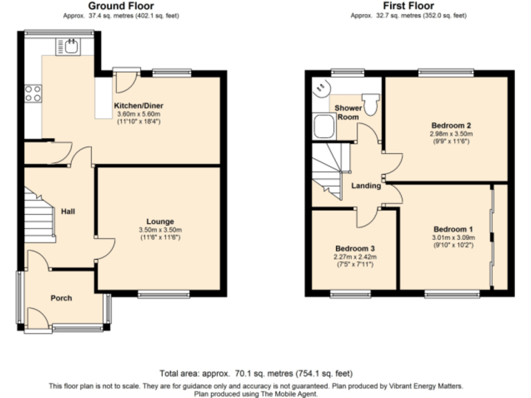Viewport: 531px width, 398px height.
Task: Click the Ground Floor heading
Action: [122, 6]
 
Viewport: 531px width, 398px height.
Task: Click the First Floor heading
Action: [407, 6]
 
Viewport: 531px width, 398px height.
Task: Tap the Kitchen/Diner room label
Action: [139, 106]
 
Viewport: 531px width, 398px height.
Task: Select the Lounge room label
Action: [160, 222]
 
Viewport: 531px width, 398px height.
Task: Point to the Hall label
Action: [67, 211]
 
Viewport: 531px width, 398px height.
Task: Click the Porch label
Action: [61, 298]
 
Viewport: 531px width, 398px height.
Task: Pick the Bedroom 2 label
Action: [446, 125]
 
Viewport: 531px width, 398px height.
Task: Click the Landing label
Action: [366, 186]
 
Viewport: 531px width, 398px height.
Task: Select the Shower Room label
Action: [348, 113]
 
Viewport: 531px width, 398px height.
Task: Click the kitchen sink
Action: [71, 46]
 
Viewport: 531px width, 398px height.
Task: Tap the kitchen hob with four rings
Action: [32, 93]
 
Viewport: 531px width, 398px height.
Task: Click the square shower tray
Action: [323, 126]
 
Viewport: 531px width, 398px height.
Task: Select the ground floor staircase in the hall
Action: [40, 215]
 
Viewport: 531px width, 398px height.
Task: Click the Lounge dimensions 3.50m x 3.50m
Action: [160, 230]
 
